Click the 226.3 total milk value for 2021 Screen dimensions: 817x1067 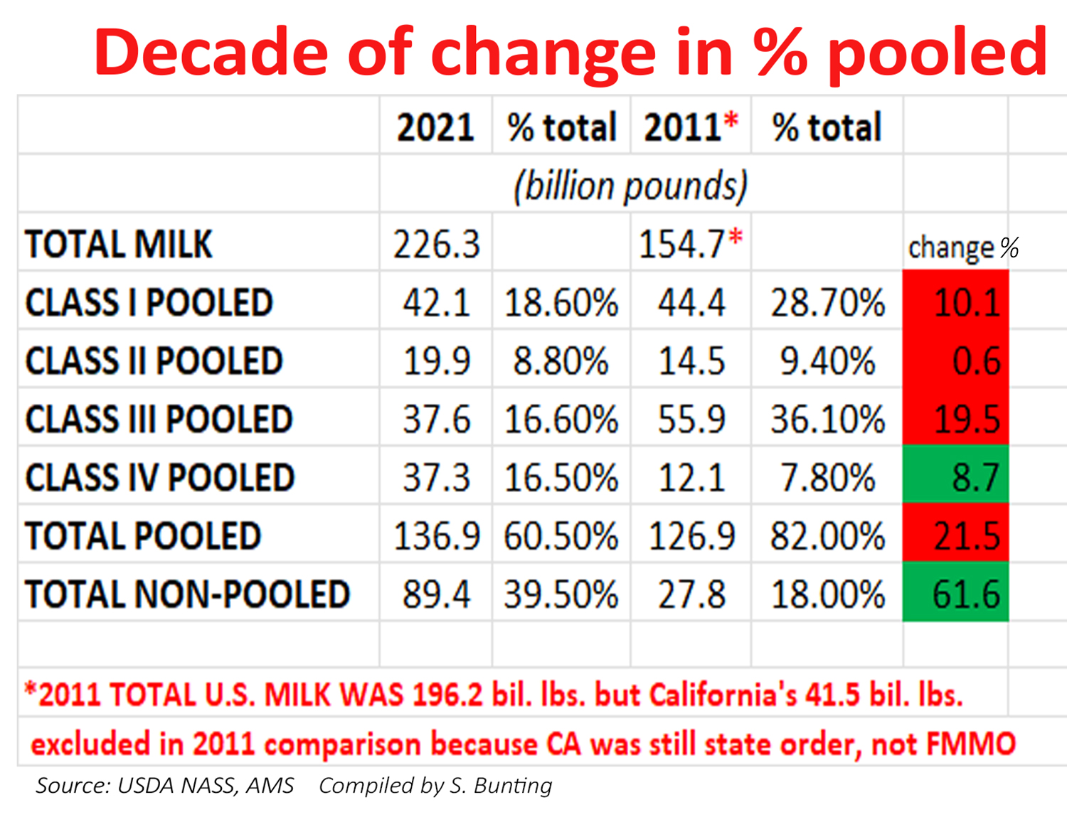(x=436, y=244)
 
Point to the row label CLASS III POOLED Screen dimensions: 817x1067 (x=159, y=419)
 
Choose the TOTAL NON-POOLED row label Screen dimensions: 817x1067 (x=187, y=594)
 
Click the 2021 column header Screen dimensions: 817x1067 (x=435, y=127)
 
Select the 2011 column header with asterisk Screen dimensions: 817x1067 (x=690, y=127)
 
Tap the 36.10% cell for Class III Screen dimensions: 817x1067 (x=827, y=419)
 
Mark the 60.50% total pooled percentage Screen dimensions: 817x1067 (x=561, y=535)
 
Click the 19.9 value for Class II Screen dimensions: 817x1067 (x=436, y=361)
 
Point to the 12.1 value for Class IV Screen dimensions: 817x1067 (x=691, y=476)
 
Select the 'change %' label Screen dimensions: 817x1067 (x=962, y=247)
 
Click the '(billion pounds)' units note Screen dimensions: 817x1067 (x=630, y=186)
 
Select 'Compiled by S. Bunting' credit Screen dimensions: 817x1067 (x=435, y=785)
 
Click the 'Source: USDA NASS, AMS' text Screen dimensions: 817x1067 (x=164, y=785)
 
